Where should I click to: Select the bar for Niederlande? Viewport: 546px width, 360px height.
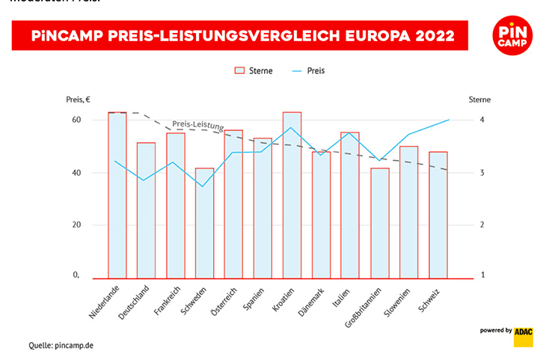click(x=117, y=195)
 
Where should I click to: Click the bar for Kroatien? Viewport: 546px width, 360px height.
click(x=292, y=195)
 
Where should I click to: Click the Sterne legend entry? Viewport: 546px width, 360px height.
click(x=254, y=70)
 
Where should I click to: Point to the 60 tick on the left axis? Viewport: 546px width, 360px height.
click(x=76, y=120)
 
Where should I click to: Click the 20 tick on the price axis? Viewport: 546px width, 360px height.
click(x=76, y=225)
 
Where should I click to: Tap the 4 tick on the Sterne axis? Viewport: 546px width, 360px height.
click(x=482, y=120)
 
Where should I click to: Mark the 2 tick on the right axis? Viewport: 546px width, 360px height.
click(x=482, y=225)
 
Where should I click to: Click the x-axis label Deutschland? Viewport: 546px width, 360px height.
click(x=135, y=302)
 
